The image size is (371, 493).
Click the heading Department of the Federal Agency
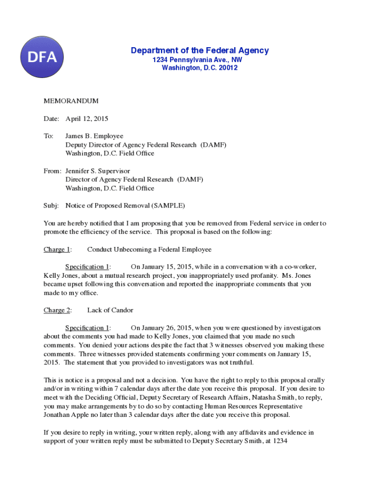(200, 51)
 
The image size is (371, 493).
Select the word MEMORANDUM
(71, 101)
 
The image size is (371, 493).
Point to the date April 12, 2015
(87, 118)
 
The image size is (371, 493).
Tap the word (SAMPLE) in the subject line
(168, 206)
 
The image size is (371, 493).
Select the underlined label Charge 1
(57, 249)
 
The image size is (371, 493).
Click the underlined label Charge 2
(57, 310)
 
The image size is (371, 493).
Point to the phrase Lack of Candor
(110, 310)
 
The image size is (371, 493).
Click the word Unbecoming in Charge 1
(140, 249)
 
